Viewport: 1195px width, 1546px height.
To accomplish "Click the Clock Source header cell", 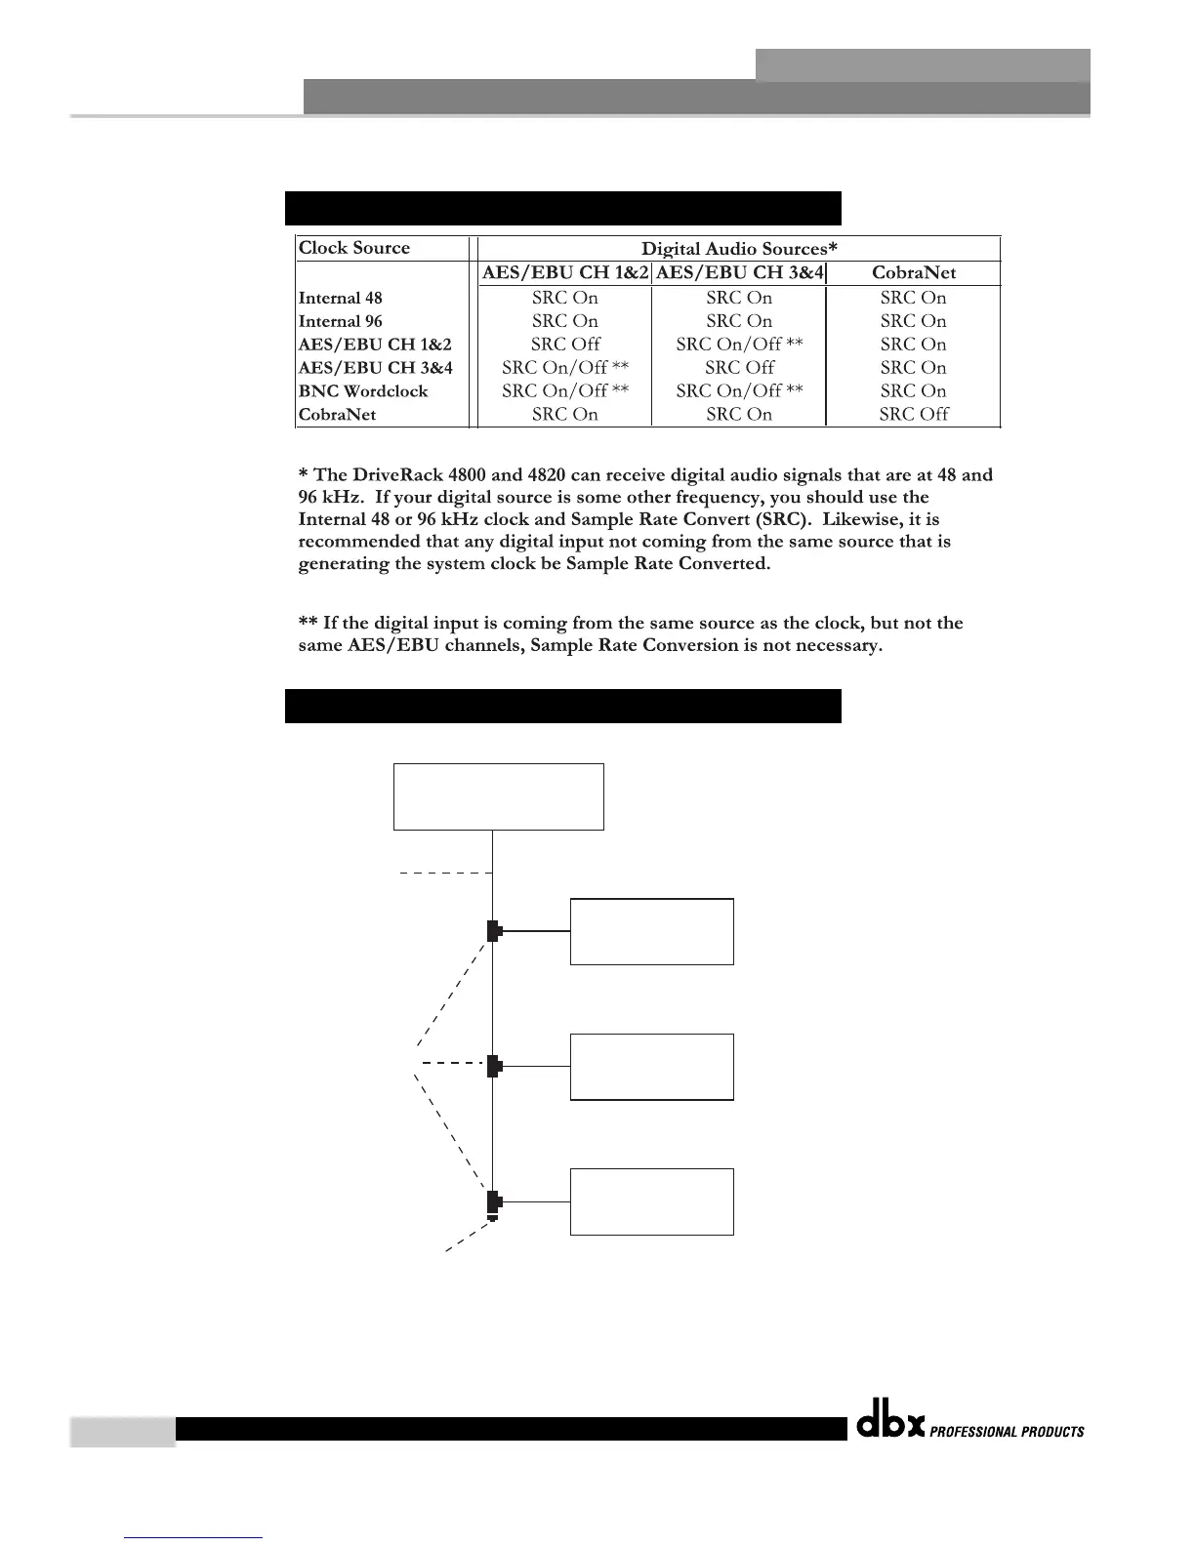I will [x=354, y=248].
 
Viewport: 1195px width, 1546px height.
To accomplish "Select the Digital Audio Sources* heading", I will [x=739, y=249].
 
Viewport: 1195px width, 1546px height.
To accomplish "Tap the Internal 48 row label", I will [x=341, y=299].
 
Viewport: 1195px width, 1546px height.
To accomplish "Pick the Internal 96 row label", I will [x=341, y=322].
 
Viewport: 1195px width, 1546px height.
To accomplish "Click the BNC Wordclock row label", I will [x=363, y=391].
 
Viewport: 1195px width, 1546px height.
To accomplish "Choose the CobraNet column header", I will [x=914, y=273].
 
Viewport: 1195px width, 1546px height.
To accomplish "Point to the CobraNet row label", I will [x=337, y=415].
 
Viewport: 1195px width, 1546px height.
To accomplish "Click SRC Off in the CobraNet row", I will [x=914, y=414].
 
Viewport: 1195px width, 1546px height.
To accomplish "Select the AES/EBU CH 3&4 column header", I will [x=739, y=273].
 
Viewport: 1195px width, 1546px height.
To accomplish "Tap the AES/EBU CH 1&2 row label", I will [x=375, y=345].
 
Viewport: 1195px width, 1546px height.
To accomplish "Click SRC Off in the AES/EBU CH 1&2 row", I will [x=565, y=345].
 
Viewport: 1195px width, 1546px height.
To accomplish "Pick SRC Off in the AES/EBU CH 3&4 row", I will [x=739, y=368].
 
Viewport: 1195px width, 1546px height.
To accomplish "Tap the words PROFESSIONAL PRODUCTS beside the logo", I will [x=1007, y=1432].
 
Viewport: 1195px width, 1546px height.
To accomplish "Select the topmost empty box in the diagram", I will [x=498, y=796].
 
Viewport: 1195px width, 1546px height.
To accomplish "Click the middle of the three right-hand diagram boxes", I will [x=651, y=1067].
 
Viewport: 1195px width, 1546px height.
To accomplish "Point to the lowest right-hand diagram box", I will [x=651, y=1201].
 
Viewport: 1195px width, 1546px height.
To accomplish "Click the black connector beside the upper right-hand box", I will [x=494, y=931].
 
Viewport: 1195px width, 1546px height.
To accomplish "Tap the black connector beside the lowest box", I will [x=494, y=1202].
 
